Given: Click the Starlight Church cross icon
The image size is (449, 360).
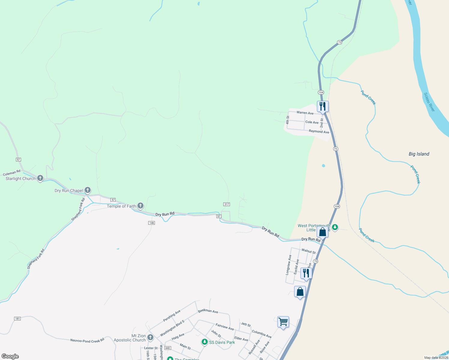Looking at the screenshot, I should click(x=40, y=178).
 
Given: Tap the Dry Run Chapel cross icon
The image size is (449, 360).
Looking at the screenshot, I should click(x=88, y=190).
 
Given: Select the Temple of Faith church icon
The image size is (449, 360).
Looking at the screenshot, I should click(x=140, y=206).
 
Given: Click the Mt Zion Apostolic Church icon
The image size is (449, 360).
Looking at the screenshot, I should click(x=150, y=337).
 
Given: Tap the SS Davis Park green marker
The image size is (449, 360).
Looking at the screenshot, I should click(x=205, y=342).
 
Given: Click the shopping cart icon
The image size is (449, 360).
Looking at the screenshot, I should click(x=283, y=322).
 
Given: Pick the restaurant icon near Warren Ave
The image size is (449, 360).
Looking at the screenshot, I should click(x=323, y=106).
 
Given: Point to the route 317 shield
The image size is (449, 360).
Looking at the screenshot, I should click(x=227, y=204).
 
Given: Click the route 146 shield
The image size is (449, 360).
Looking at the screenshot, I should click(x=152, y=223).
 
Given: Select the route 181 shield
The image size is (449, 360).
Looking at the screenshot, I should click(x=17, y=318).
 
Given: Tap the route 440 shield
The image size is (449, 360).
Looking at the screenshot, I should click(x=168, y=348).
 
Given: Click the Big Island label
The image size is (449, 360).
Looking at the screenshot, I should click(x=419, y=154).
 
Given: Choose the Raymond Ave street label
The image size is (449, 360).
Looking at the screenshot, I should click(x=319, y=132).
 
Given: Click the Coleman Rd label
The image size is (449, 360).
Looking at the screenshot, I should click(x=12, y=173).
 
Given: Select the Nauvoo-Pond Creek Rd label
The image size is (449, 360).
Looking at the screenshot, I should click(x=87, y=340).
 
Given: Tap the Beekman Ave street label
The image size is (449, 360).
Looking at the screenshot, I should click(x=208, y=311).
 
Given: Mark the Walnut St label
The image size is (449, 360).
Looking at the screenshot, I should click(x=309, y=251).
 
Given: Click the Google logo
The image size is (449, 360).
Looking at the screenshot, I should click(x=10, y=356).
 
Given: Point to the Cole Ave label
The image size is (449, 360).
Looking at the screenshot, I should click(x=312, y=122).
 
